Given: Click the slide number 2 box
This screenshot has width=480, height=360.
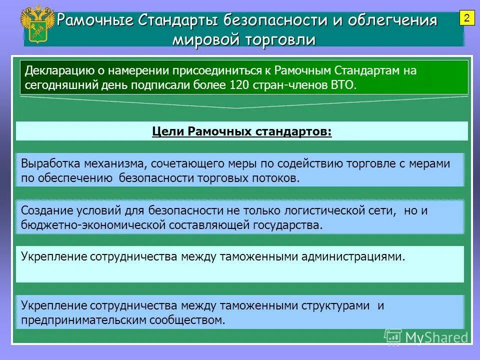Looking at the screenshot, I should (x=466, y=19).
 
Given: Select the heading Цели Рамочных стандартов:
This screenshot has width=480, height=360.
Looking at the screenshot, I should (x=241, y=131).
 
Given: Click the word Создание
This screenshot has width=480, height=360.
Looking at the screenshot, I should (x=45, y=210).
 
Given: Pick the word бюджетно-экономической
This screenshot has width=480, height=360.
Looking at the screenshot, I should (x=93, y=225).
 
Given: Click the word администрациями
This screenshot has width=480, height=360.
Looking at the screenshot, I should (x=353, y=257).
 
